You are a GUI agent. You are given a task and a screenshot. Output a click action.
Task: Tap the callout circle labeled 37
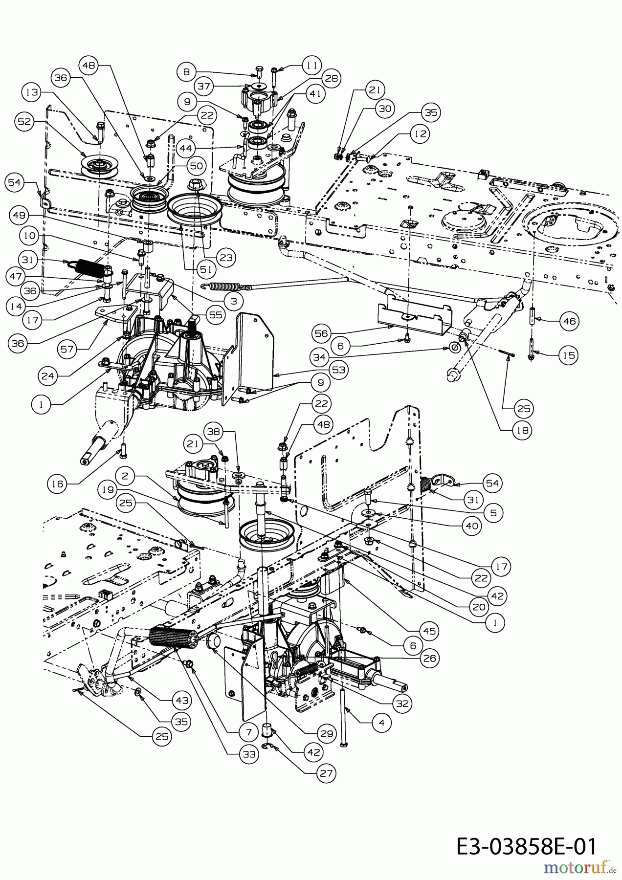[x=187, y=86]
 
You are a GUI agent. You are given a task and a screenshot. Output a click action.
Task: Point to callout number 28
[x=331, y=77]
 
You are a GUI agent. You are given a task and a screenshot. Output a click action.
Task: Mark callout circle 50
[x=196, y=166]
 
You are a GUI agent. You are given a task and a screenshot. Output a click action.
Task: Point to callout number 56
[x=322, y=333]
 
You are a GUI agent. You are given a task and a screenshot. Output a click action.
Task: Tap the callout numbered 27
[x=326, y=773]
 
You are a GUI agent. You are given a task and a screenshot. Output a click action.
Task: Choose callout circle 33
[x=249, y=754]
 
